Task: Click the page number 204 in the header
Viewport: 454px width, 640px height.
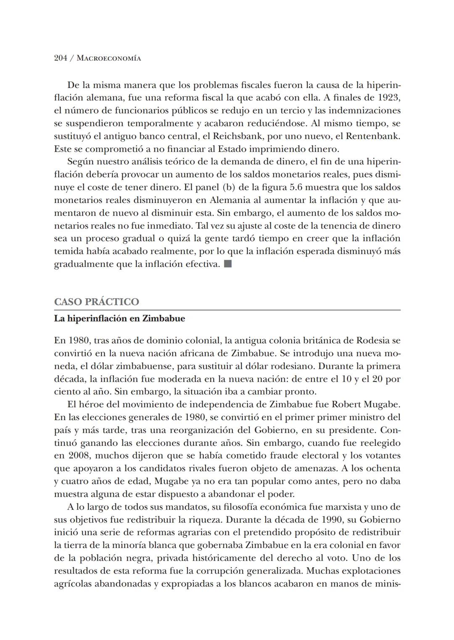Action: (61, 58)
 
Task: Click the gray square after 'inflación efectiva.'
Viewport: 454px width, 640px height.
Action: (228, 264)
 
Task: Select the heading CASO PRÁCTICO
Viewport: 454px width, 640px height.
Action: (96, 302)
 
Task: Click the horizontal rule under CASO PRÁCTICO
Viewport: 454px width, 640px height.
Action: (227, 310)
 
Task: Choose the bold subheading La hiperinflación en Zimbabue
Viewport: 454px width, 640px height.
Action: (119, 319)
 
